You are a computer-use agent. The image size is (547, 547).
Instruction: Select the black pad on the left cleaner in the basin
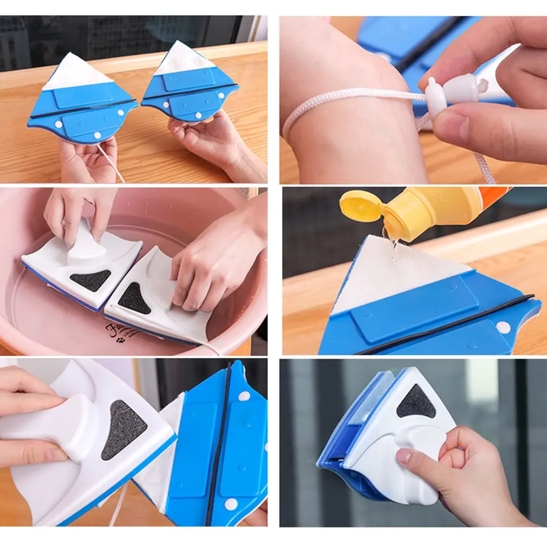coord(90,279)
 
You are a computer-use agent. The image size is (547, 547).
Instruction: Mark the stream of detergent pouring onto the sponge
coord(391,244)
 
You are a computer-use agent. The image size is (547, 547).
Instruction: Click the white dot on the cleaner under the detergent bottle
coord(504,327)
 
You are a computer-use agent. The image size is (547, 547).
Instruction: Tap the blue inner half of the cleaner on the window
coord(352,428)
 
